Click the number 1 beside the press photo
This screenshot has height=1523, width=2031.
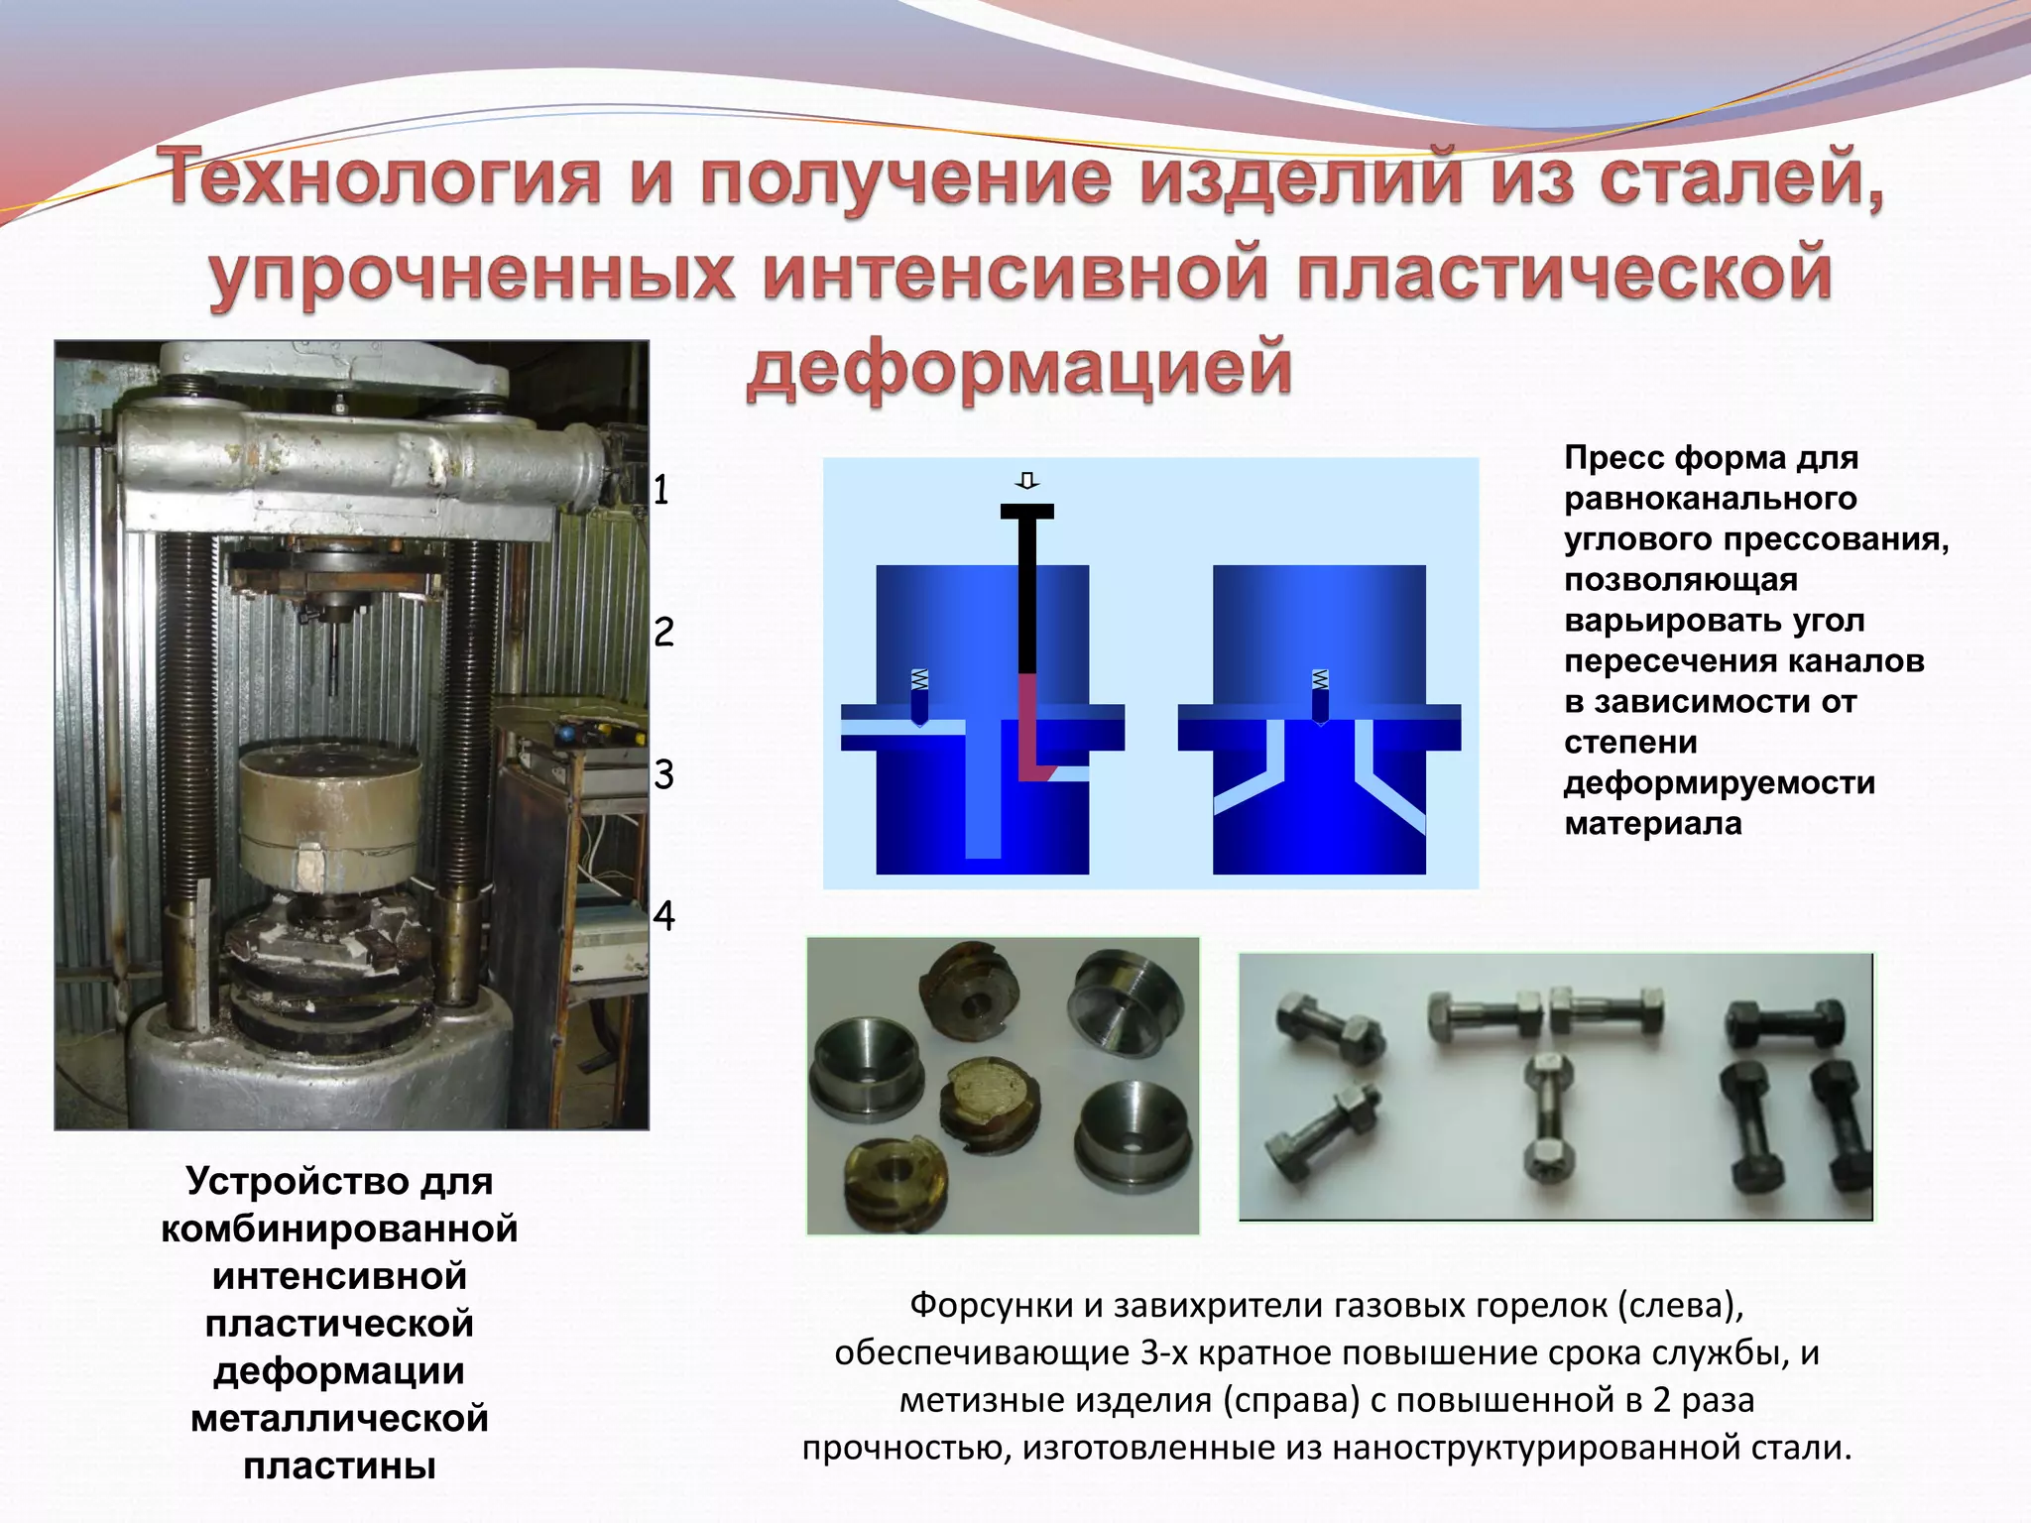[x=661, y=490]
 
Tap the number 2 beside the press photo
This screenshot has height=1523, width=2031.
[x=663, y=632]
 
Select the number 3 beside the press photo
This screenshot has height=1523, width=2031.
[x=663, y=774]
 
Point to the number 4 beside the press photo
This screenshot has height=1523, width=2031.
[x=663, y=915]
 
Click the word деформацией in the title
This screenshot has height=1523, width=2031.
[x=1018, y=367]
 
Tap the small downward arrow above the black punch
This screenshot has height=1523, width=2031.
[x=1027, y=481]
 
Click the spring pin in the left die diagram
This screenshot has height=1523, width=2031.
[x=919, y=697]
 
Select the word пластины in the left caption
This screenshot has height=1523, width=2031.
[x=339, y=1465]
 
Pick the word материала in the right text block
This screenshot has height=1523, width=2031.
[x=1652, y=823]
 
